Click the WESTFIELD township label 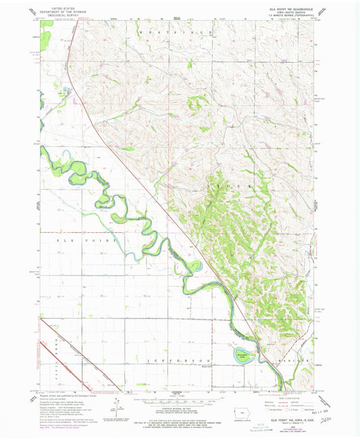pyautogui.click(x=176, y=32)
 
